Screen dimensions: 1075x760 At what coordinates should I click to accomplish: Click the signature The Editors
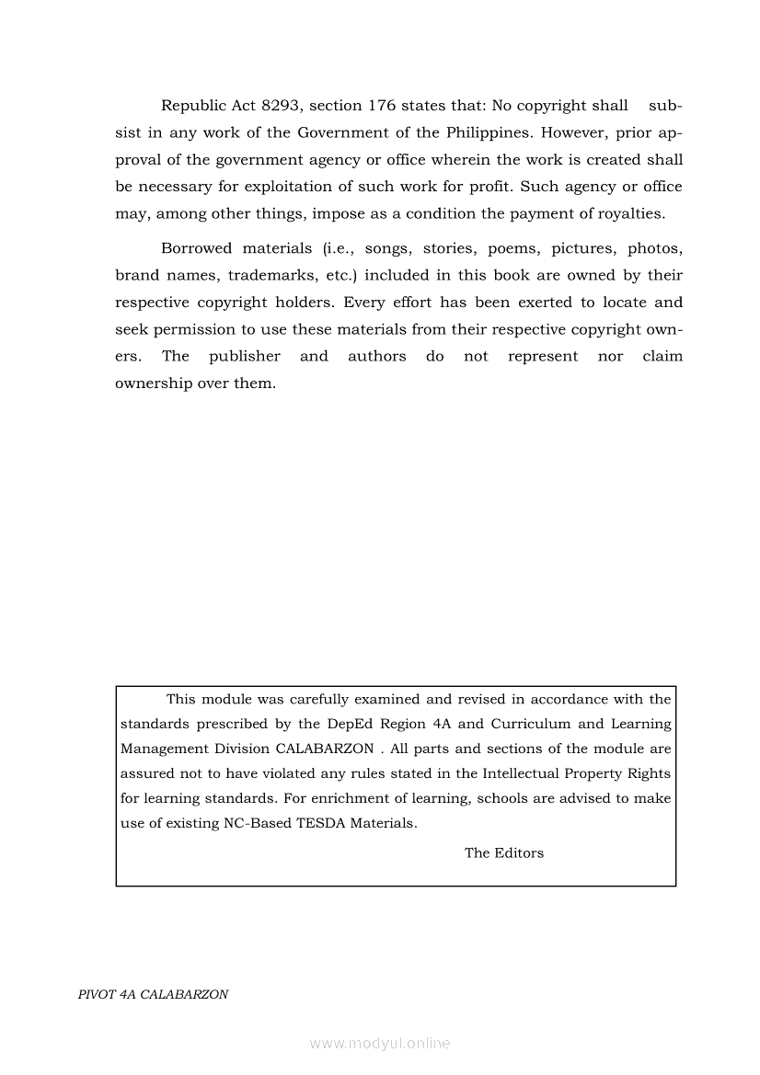tap(504, 852)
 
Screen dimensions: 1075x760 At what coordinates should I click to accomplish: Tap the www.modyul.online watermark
tap(380, 1043)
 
